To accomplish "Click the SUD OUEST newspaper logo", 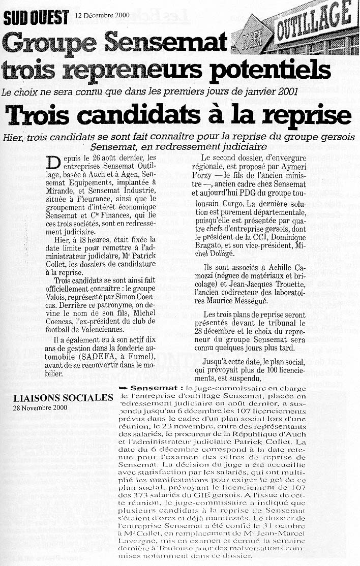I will point(36,18).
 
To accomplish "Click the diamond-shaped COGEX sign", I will point(251,35).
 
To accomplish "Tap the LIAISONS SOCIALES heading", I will point(63,397).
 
